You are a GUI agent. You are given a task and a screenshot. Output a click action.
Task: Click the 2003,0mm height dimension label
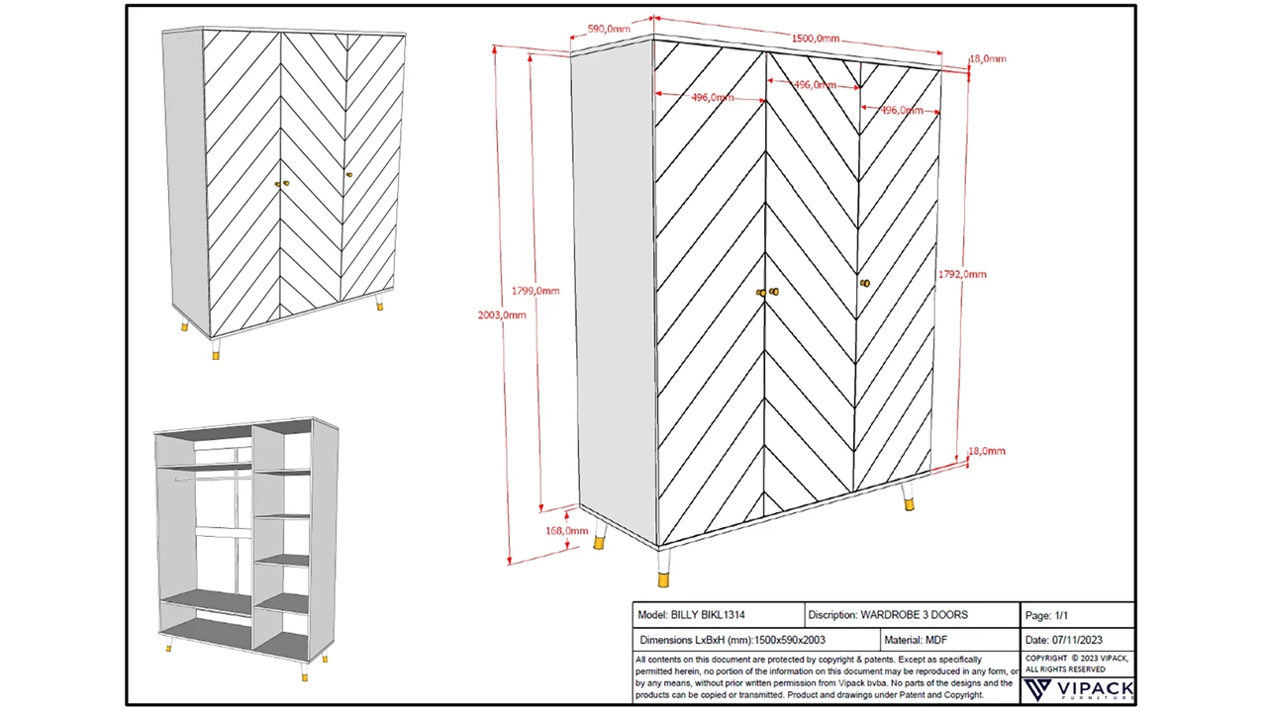502,314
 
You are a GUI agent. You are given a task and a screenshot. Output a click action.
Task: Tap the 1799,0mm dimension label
536,291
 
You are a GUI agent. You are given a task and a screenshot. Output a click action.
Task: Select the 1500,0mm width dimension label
815,39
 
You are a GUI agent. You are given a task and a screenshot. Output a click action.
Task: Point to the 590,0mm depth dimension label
609,29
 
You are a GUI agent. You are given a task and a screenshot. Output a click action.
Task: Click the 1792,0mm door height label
962,274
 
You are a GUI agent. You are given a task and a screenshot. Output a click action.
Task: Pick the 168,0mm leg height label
566,531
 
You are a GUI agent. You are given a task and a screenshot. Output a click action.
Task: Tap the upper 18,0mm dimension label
987,59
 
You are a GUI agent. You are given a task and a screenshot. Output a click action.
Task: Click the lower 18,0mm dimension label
986,451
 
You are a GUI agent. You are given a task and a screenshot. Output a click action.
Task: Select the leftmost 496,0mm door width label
712,97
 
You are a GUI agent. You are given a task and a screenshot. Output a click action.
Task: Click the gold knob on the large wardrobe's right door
864,284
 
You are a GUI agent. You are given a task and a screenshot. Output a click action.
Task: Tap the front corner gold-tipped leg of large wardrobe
663,576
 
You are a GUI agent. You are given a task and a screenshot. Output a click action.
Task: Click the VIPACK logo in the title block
1078,689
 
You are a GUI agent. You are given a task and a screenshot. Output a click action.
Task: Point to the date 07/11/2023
1077,640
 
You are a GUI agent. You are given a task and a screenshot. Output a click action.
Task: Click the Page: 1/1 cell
1046,615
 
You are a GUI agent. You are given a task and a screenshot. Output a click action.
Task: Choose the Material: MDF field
916,640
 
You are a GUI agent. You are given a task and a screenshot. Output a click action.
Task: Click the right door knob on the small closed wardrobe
348,175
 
